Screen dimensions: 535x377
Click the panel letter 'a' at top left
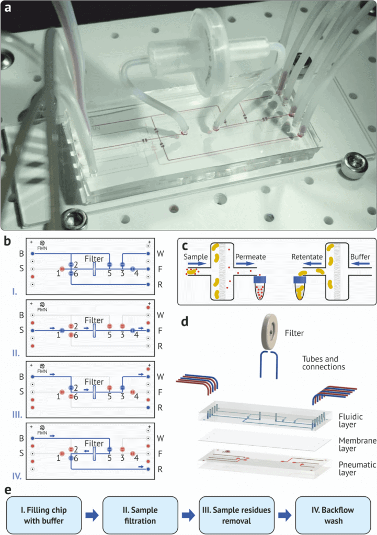(8, 9)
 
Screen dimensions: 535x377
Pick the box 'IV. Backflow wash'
(330, 515)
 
